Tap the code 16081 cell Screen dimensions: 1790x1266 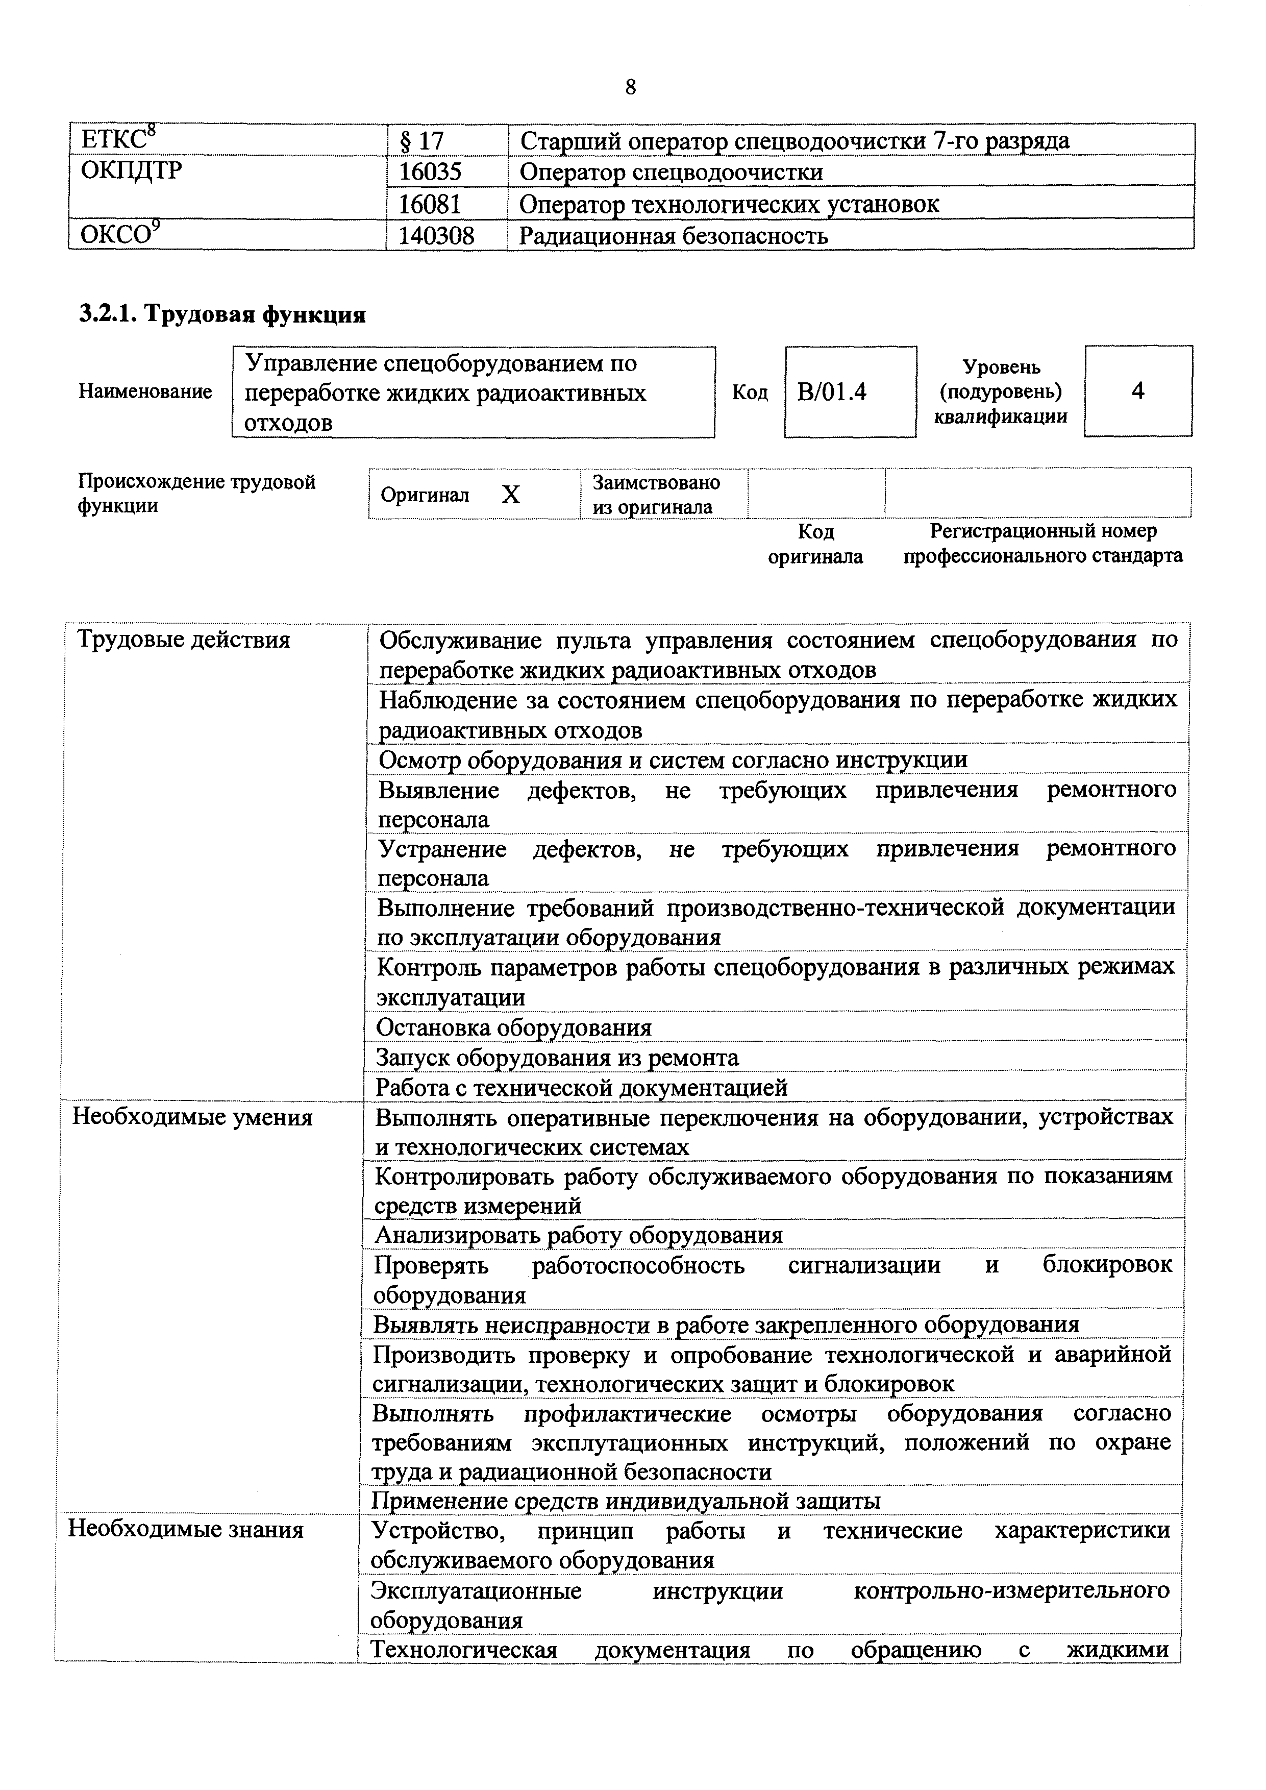click(x=430, y=204)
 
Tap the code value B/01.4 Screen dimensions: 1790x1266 click(x=832, y=391)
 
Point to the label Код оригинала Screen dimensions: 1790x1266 click(x=815, y=544)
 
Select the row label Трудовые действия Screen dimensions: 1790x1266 click(x=185, y=640)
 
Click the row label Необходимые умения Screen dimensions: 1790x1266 click(x=192, y=1117)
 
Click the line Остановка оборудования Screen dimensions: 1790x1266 click(x=514, y=1027)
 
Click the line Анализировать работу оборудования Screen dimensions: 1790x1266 click(x=579, y=1235)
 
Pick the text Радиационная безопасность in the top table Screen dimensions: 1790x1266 click(x=674, y=235)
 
